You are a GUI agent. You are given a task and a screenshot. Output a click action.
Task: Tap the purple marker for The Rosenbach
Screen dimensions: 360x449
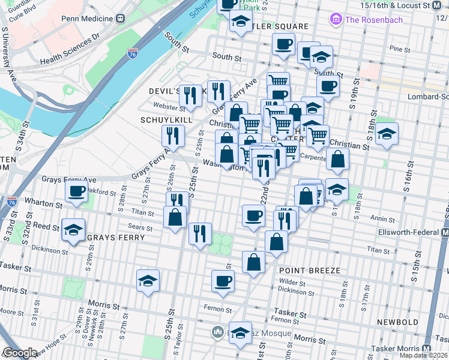pyautogui.click(x=336, y=20)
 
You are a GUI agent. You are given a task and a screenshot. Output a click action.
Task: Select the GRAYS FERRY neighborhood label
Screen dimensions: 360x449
pyautogui.click(x=116, y=238)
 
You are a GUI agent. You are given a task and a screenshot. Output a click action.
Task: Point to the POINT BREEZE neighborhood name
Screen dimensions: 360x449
pyautogui.click(x=310, y=271)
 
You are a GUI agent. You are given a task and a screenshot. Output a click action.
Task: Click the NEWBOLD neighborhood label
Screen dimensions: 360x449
pyautogui.click(x=397, y=322)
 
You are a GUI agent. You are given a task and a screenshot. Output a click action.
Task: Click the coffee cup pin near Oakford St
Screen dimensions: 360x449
pyautogui.click(x=77, y=191)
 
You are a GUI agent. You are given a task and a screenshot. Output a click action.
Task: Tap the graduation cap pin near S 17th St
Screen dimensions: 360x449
pyautogui.click(x=387, y=134)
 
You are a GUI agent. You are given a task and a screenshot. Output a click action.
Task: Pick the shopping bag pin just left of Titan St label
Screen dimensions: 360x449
pyautogui.click(x=276, y=242)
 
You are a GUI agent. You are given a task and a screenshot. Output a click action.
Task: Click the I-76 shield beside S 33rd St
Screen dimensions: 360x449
pyautogui.click(x=11, y=202)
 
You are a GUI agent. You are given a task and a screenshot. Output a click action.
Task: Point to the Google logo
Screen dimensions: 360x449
pyautogui.click(x=20, y=353)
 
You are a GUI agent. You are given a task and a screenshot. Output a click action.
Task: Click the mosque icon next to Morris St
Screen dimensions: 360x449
pyautogui.click(x=217, y=331)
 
